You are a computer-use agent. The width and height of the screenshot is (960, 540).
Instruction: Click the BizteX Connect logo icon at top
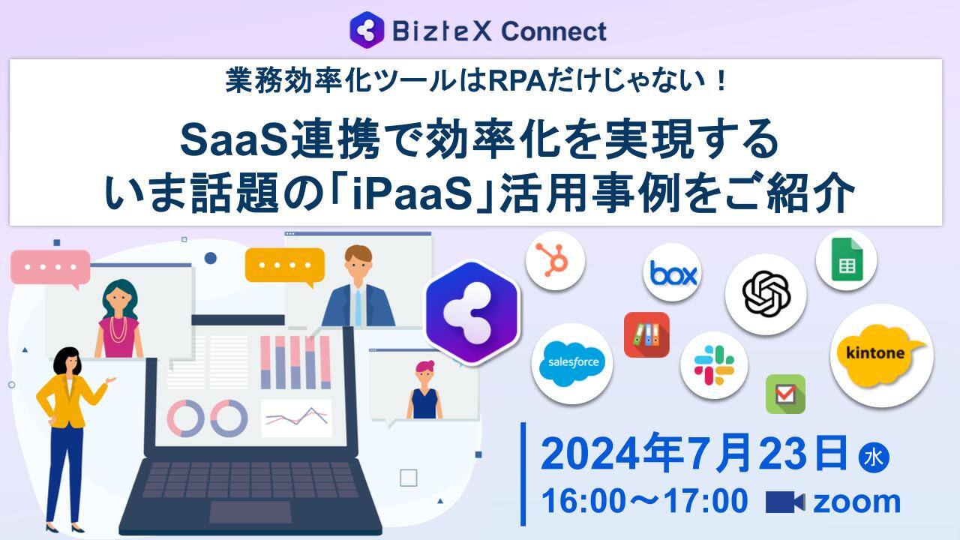(367, 31)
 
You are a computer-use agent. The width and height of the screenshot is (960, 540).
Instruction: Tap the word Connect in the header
(553, 31)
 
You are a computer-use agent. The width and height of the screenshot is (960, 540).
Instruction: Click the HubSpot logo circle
(555, 260)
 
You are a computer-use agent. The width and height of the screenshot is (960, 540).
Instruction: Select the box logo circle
(672, 273)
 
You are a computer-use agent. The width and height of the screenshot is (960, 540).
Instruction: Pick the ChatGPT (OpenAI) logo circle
(766, 294)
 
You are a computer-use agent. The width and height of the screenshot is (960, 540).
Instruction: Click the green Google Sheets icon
(846, 259)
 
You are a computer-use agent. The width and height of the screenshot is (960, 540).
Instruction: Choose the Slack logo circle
(713, 365)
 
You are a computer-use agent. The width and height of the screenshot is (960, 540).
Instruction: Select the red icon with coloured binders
(646, 334)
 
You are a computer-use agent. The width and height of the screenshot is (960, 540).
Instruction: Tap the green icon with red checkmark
(785, 394)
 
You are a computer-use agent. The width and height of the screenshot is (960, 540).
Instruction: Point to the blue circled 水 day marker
(873, 458)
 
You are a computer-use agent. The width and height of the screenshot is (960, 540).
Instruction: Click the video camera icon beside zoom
(784, 502)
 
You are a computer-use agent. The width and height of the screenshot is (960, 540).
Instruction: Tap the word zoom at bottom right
(856, 501)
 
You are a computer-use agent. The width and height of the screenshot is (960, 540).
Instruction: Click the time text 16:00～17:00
(643, 501)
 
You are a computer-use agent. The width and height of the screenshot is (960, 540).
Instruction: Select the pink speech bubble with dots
(50, 268)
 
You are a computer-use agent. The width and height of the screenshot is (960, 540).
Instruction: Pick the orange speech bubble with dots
(285, 265)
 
